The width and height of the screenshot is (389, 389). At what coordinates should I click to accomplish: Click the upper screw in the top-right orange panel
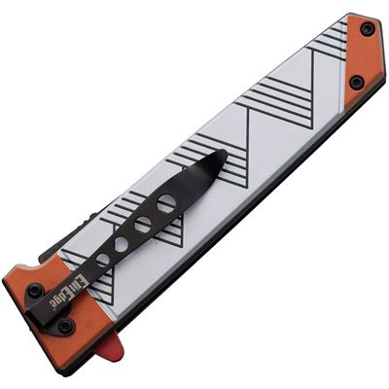pos(366,28)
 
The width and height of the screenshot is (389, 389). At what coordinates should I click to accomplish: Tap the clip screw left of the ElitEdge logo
pos(35,291)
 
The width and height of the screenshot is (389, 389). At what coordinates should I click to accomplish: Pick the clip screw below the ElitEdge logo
pos(65,326)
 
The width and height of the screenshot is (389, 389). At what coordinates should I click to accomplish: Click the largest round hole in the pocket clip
pos(167,202)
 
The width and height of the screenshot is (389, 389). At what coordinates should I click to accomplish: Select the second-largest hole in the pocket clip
pos(144,224)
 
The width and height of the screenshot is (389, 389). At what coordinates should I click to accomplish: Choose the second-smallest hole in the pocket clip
pos(122,242)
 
